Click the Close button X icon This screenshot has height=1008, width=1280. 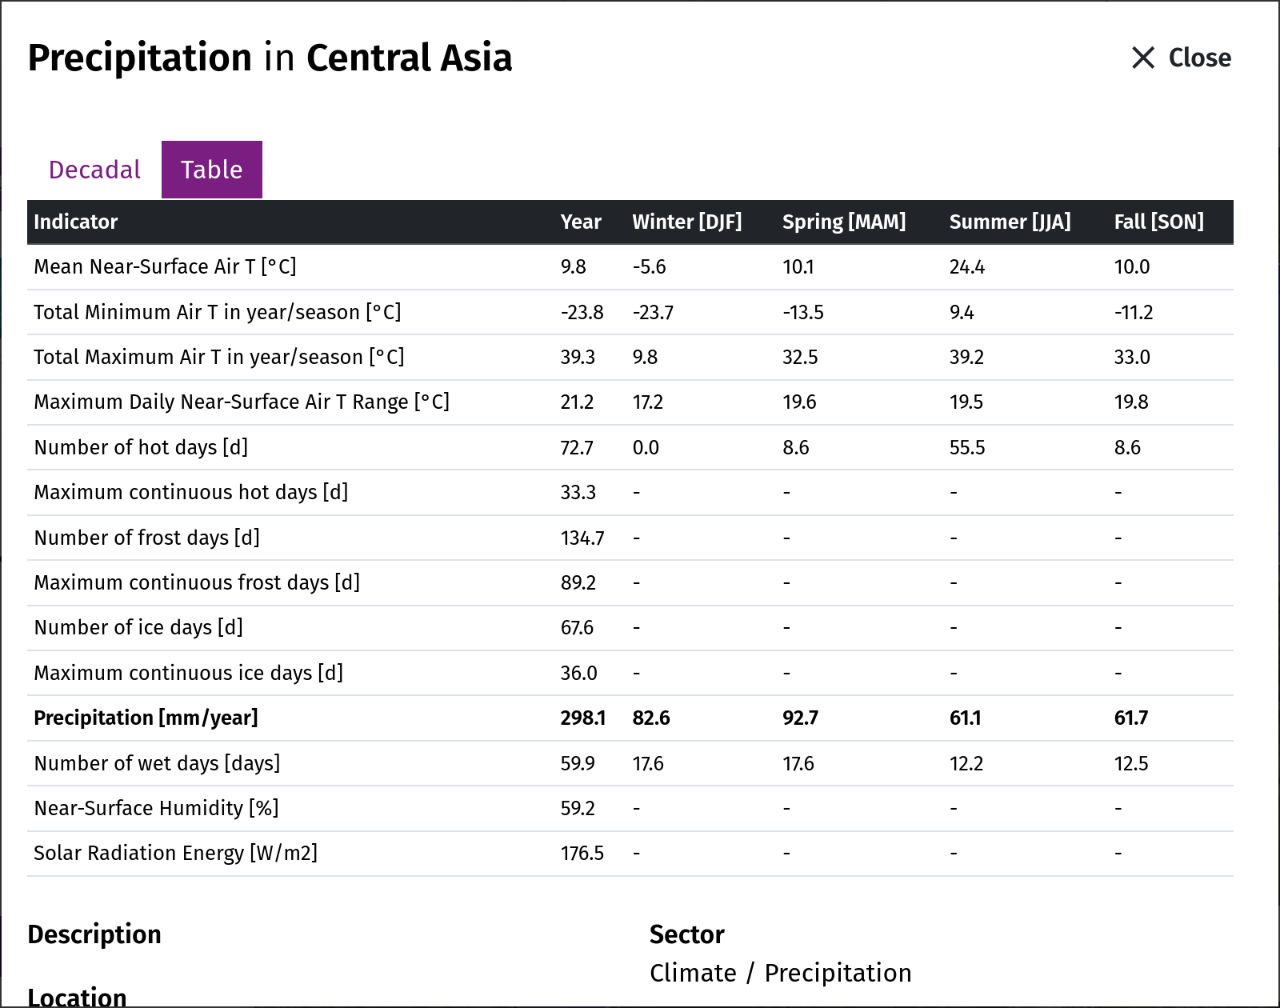(1142, 58)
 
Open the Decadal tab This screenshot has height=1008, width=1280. (94, 170)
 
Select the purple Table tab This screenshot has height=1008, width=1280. (212, 170)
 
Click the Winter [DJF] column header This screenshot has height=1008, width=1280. (687, 222)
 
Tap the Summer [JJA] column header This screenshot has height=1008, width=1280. (1010, 222)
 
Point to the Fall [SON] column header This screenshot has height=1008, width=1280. (1158, 222)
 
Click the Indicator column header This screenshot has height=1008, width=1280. (75, 222)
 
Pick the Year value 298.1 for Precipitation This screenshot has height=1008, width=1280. (583, 718)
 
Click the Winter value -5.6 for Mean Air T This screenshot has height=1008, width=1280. (649, 266)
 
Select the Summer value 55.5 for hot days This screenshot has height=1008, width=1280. (967, 447)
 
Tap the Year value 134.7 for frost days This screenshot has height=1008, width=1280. (582, 538)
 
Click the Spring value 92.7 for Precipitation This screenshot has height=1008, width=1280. (800, 718)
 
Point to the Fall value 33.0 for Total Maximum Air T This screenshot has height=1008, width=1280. (1132, 357)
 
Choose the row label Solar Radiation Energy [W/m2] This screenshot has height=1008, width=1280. (175, 854)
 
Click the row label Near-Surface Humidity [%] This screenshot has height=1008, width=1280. (157, 808)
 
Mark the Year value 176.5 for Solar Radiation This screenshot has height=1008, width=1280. (582, 854)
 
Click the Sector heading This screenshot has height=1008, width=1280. (687, 935)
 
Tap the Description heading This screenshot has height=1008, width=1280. (94, 935)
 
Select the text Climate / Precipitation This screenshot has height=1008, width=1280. (780, 974)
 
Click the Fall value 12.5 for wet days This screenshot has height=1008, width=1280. (1131, 763)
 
